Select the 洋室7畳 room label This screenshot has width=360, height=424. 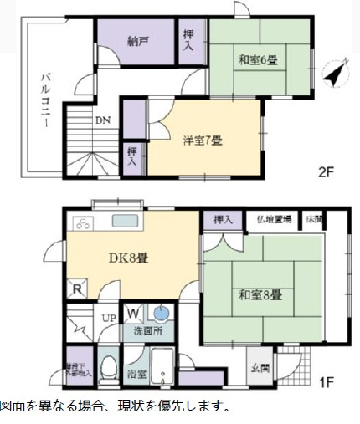click(x=203, y=140)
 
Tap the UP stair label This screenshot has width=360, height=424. click(x=109, y=319)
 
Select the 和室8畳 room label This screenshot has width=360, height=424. click(x=260, y=295)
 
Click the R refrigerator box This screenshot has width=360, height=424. click(x=77, y=290)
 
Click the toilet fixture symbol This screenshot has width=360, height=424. click(x=107, y=368)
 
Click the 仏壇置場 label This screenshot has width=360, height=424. click(x=275, y=220)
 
